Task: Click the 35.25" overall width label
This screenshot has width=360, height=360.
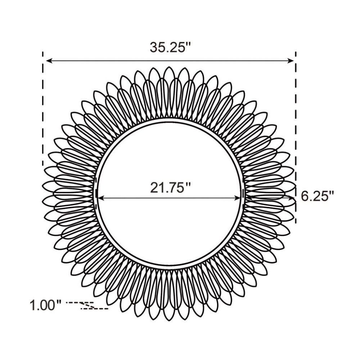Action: [x=170, y=48]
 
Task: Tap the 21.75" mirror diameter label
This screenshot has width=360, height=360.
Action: [x=170, y=188]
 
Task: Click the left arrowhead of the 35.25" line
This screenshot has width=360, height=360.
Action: [x=49, y=61]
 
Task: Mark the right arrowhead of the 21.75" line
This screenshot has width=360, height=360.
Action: [x=237, y=198]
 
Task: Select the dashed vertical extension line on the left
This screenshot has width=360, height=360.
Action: [x=43, y=109]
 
